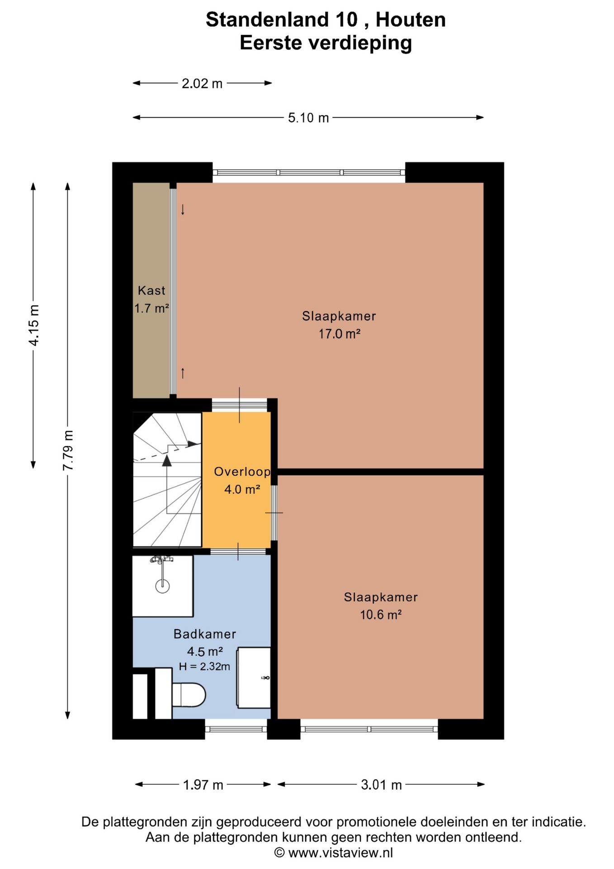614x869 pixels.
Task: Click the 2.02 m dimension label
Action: click(x=202, y=84)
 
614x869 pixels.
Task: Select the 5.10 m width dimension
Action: click(x=308, y=118)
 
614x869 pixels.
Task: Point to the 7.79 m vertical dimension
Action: click(x=68, y=450)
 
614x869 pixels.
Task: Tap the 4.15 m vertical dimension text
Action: click(x=34, y=325)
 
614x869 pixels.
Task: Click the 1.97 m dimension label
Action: click(x=203, y=785)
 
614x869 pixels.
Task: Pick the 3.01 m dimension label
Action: click(x=381, y=785)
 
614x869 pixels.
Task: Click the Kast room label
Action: click(x=151, y=291)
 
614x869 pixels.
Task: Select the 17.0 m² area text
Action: click(x=340, y=334)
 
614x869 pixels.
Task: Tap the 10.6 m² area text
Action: click(x=381, y=615)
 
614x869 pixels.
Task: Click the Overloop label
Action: click(x=242, y=472)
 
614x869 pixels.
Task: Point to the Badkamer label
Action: click(x=205, y=634)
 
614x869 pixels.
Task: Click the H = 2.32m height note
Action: click(x=204, y=667)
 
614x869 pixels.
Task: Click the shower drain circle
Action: click(x=162, y=586)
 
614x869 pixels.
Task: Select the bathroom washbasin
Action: click(x=254, y=678)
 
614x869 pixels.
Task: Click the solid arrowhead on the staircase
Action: click(x=167, y=461)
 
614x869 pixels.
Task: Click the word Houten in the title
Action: click(x=411, y=20)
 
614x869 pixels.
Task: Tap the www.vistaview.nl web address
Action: click(x=340, y=853)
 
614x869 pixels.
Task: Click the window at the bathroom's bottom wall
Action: click(x=236, y=729)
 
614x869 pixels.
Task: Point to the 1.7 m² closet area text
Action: click(x=151, y=309)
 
